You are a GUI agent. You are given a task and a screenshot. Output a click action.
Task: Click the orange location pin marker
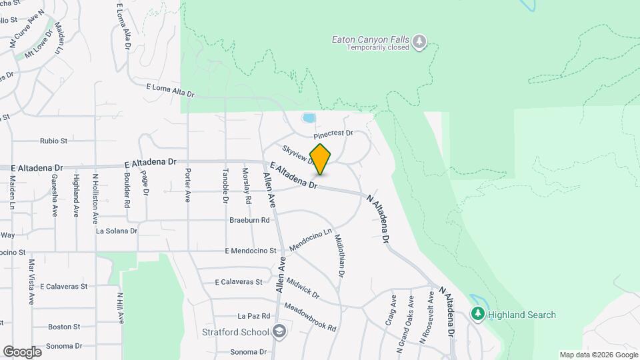pyautogui.click(x=321, y=159)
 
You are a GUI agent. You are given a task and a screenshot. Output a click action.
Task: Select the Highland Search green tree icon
pyautogui.click(x=477, y=314)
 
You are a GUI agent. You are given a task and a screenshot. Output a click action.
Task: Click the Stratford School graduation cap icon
pyautogui.click(x=279, y=331)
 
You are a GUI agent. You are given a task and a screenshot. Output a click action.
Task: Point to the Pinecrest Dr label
pyautogui.click(x=333, y=133)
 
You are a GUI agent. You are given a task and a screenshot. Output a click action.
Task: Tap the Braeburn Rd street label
pyautogui.click(x=249, y=220)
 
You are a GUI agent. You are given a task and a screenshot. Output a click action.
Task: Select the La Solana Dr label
pyautogui.click(x=117, y=231)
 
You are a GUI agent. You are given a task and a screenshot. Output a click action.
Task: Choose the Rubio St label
pyautogui.click(x=54, y=141)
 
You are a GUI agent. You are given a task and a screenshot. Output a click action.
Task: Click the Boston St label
pyautogui.click(x=64, y=327)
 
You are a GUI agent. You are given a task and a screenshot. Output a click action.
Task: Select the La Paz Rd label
pyautogui.click(x=253, y=316)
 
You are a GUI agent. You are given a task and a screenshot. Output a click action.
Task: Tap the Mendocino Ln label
pyautogui.click(x=310, y=241)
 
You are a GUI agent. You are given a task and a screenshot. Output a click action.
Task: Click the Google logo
pyautogui.click(x=22, y=351)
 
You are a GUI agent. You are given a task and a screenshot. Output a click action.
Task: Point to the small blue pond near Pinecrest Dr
pyautogui.click(x=309, y=118)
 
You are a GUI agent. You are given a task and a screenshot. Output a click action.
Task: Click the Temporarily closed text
pyautogui.click(x=375, y=49)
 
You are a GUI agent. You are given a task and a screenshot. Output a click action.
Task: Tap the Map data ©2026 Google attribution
pyautogui.click(x=598, y=355)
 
